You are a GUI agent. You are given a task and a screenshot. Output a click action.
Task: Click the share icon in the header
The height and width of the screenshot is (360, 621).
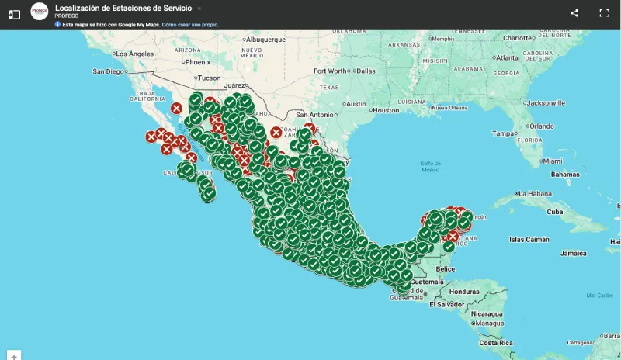pyautogui.click(x=574, y=13)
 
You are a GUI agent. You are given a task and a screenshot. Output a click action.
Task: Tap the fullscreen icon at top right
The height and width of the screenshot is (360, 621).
pyautogui.click(x=605, y=13)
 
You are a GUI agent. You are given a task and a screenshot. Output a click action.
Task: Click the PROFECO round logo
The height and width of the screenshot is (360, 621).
pyautogui.click(x=39, y=12)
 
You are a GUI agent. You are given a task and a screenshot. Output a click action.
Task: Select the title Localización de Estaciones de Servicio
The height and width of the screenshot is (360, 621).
pyautogui.click(x=123, y=8)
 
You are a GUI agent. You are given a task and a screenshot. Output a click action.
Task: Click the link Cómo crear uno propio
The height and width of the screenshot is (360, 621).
pyautogui.click(x=190, y=25)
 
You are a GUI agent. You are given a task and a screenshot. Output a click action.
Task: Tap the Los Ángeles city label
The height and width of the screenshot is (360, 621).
pyautogui.click(x=134, y=54)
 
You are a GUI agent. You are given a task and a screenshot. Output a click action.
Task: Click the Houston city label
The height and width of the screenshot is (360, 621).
pyautogui.click(x=385, y=111)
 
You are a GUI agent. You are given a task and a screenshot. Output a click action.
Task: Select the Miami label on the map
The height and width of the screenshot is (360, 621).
pyautogui.click(x=553, y=161)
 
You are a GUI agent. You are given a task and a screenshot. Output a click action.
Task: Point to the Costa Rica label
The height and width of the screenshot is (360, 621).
pyautogui.click(x=496, y=342)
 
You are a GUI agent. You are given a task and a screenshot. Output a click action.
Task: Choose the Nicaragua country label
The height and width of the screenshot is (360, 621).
pyautogui.click(x=486, y=313)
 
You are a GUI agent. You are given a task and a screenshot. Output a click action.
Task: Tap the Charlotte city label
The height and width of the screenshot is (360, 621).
pyautogui.click(x=519, y=37)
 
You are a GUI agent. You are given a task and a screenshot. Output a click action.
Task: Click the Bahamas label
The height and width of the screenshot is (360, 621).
pyautogui.click(x=565, y=174)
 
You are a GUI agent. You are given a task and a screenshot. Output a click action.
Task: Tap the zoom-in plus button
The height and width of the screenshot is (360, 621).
pyautogui.click(x=14, y=355)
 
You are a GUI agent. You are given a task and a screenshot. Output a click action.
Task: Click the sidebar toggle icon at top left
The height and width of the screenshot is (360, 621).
pyautogui.click(x=14, y=14)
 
